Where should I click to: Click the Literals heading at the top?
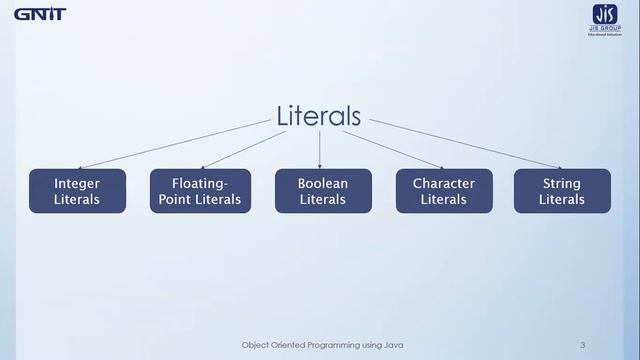point(319,116)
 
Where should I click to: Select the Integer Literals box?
point(77,191)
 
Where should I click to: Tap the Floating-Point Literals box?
point(200,191)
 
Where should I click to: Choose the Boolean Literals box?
point(323,191)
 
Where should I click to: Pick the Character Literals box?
point(443,191)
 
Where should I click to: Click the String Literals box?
point(562,191)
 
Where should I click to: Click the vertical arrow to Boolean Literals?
point(320,150)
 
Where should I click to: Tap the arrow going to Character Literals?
point(395,150)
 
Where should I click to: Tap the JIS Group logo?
point(604,18)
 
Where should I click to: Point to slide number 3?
point(582,345)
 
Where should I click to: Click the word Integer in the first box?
point(77,184)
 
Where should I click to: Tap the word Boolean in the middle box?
point(323,184)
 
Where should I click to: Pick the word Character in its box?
point(443,184)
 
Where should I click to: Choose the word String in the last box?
point(562,184)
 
